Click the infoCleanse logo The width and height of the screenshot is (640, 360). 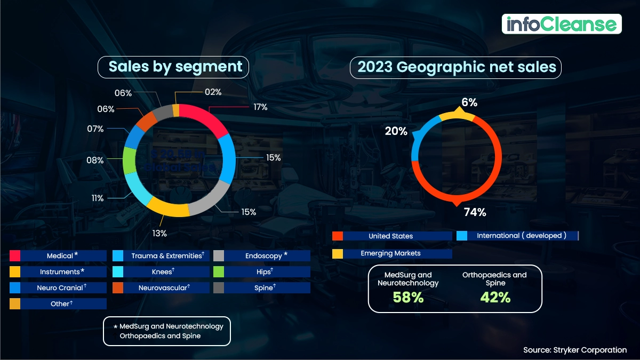click(562, 24)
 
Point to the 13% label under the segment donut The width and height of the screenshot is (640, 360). click(159, 233)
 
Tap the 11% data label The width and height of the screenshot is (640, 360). click(98, 198)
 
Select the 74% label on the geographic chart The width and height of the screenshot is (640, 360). click(475, 212)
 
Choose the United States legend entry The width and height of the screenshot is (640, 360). click(390, 236)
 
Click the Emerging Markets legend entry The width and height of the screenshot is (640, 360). click(390, 253)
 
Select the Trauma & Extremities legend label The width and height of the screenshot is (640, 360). click(166, 255)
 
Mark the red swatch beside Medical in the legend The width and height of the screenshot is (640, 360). click(15, 255)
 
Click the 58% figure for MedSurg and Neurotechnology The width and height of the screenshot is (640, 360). click(408, 297)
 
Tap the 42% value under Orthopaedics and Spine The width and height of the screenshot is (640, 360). click(494, 297)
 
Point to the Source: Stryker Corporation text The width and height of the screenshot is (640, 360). click(575, 350)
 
